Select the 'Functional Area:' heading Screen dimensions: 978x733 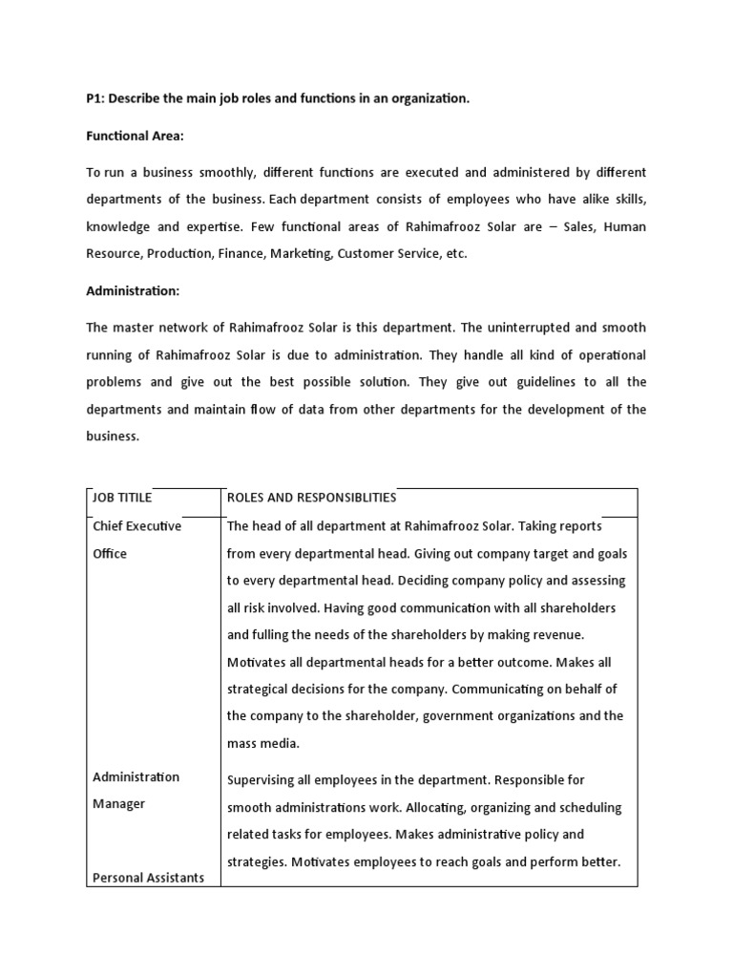135,136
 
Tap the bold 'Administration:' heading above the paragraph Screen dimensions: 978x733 133,290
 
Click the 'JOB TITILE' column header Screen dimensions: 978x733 122,498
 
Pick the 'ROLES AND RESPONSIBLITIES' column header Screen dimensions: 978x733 311,498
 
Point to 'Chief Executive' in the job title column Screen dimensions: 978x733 136,525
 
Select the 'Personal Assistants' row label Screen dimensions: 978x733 148,878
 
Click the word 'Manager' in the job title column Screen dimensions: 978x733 119,803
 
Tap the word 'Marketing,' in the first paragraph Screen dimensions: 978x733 301,254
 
